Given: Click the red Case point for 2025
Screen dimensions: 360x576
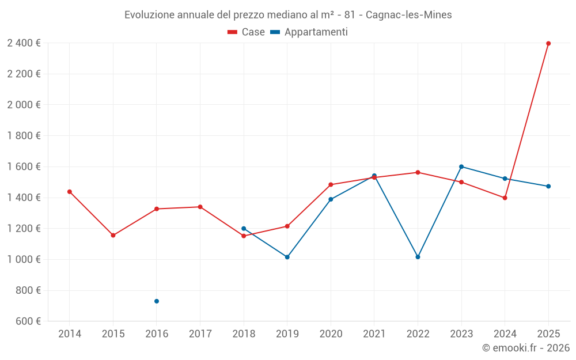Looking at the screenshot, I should tap(548, 43).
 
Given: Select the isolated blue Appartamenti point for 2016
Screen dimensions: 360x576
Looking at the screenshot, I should tap(157, 301).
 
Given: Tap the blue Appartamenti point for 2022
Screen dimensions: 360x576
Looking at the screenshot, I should tap(418, 257).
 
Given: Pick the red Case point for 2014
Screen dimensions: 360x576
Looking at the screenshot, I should tap(70, 192).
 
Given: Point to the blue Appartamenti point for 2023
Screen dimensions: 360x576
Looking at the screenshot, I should tap(461, 166).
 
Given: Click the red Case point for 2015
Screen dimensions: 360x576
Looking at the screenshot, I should tap(113, 235).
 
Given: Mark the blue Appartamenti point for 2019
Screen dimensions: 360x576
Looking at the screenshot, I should tap(287, 257).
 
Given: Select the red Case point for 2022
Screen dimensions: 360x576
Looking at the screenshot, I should tap(418, 172).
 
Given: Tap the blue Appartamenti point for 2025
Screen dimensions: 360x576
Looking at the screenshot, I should tap(548, 186).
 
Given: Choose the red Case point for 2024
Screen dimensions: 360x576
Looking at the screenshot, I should tap(505, 198).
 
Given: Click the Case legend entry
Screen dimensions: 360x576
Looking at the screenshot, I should tap(247, 32).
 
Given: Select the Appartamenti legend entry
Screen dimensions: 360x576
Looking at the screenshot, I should tap(309, 32).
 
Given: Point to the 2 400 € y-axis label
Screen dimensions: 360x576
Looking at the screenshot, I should tap(24, 43).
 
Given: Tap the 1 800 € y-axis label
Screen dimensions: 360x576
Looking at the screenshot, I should tap(24, 136).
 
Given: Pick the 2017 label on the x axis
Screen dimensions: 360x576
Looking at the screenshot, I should tap(200, 334).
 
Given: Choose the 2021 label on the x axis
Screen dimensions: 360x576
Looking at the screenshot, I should tap(374, 334).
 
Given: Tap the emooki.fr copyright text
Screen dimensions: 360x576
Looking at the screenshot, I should tap(525, 348).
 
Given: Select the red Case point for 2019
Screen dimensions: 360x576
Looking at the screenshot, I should tap(287, 226).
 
